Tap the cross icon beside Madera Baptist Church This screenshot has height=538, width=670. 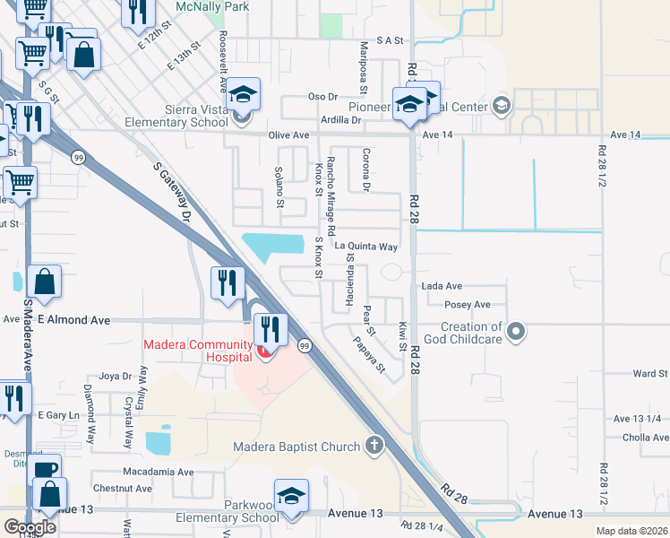pyautogui.click(x=374, y=446)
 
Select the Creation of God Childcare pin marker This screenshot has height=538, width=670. pyautogui.click(x=515, y=333)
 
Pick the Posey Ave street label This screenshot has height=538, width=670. pyautogui.click(x=468, y=305)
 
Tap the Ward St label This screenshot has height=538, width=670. pyautogui.click(x=649, y=373)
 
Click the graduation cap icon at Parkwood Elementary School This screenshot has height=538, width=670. pyautogui.click(x=291, y=496)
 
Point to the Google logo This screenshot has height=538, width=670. pyautogui.click(x=30, y=527)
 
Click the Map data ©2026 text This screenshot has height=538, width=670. pyautogui.click(x=631, y=531)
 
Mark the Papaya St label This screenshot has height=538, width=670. pyautogui.click(x=368, y=354)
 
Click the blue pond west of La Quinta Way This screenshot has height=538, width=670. pyautogui.click(x=274, y=243)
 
